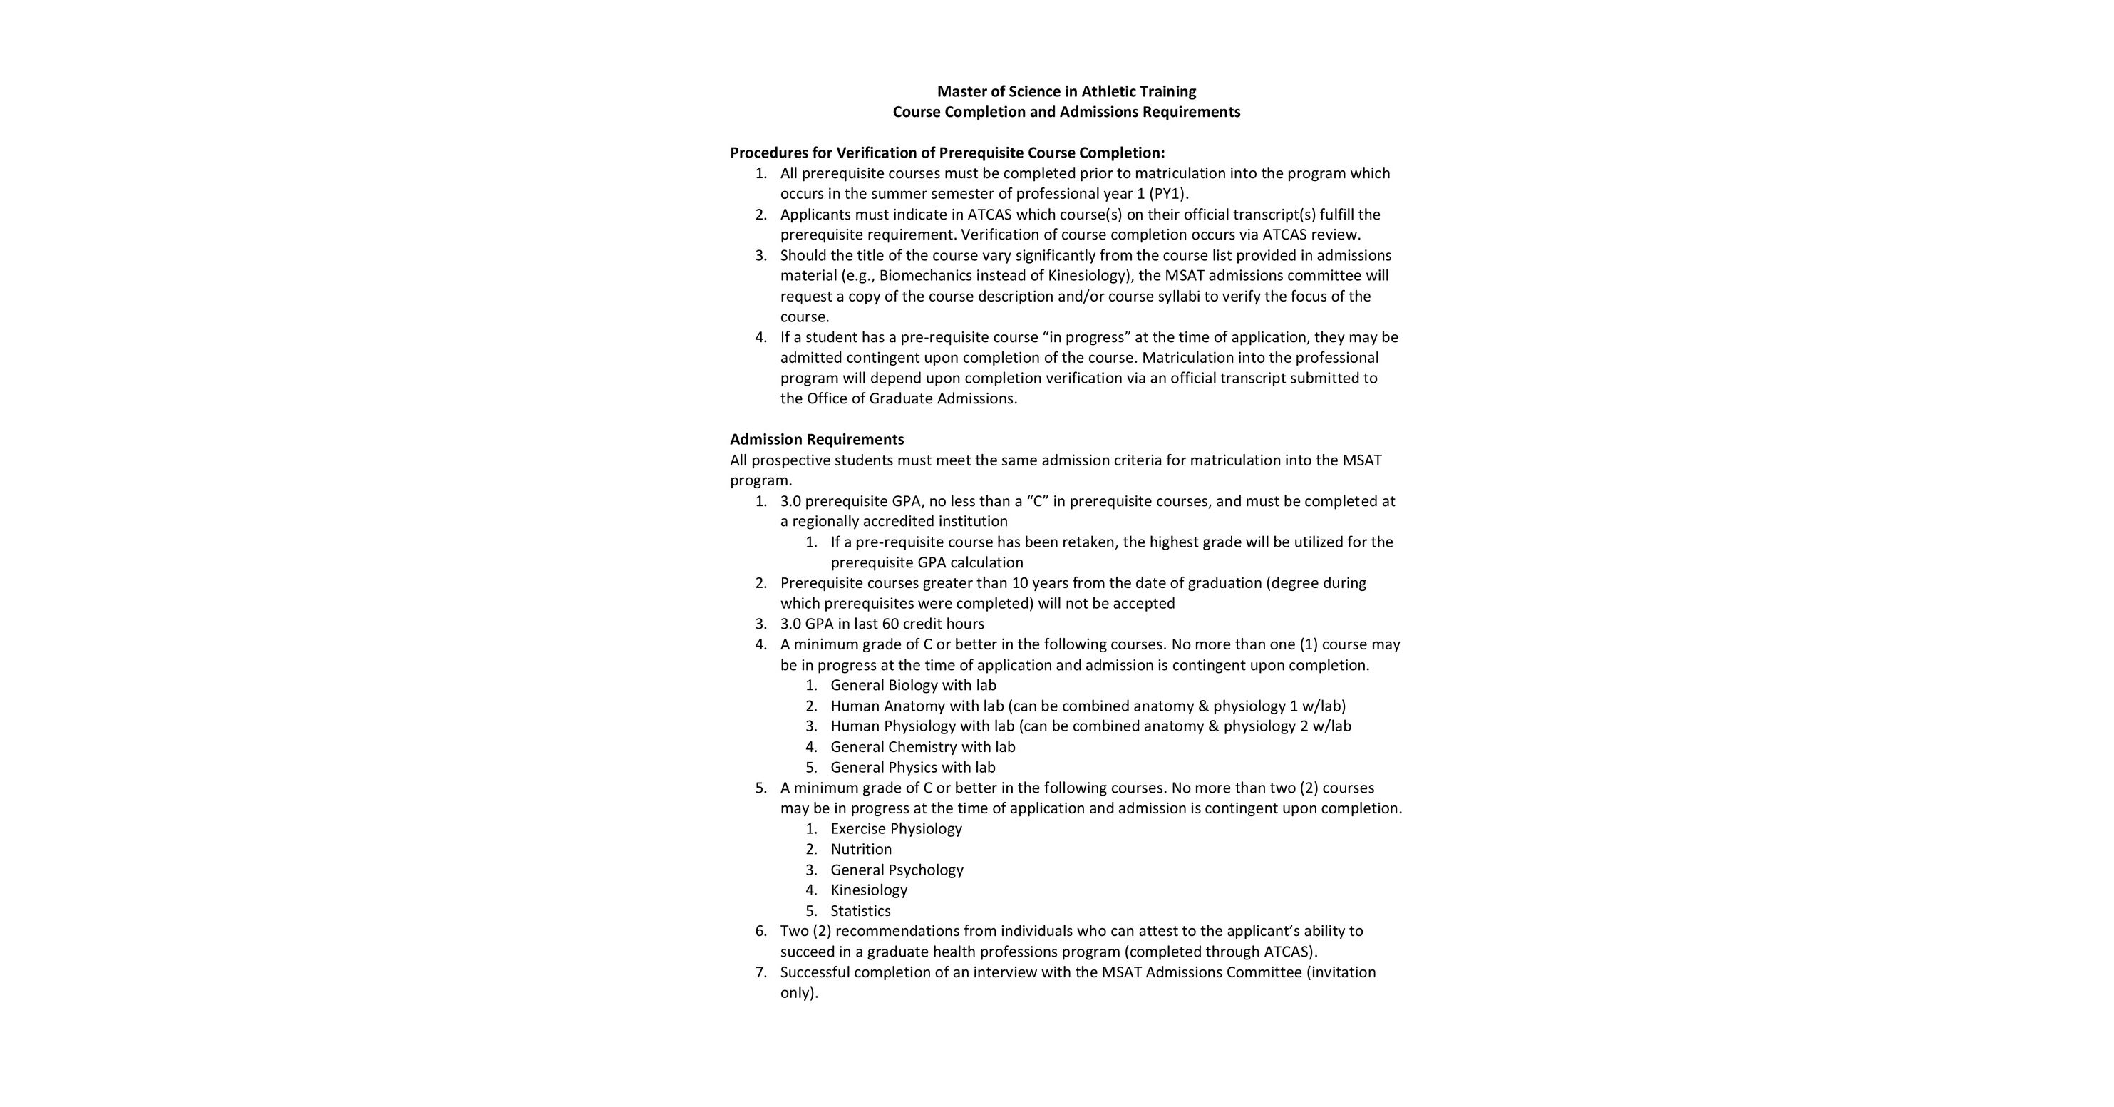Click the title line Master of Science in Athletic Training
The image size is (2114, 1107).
click(1066, 91)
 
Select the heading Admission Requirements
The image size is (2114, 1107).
click(817, 439)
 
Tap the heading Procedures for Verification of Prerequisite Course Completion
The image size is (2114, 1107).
click(947, 153)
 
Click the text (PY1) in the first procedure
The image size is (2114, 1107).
click(1169, 194)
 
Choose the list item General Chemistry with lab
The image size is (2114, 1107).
click(922, 747)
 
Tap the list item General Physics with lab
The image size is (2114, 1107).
click(912, 767)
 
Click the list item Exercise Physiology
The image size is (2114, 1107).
click(896, 829)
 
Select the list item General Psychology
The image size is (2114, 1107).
click(897, 870)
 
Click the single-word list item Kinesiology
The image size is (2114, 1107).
click(869, 890)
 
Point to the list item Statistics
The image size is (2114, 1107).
click(860, 911)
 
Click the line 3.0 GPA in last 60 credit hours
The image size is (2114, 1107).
click(882, 624)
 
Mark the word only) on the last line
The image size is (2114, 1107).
click(799, 993)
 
